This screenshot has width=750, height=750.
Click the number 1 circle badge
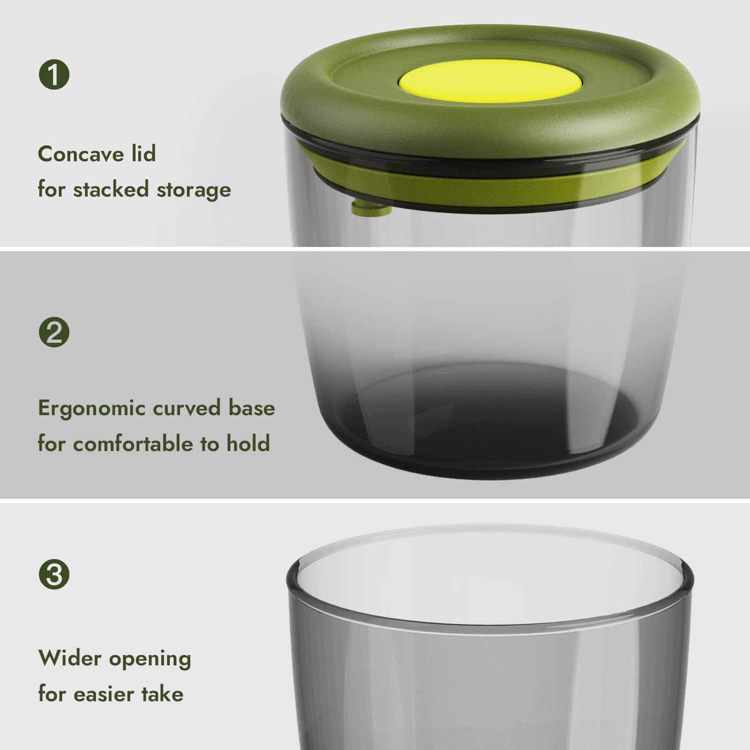pyautogui.click(x=54, y=74)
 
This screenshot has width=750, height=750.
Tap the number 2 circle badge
pyautogui.click(x=54, y=332)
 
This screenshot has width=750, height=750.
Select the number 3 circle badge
pyautogui.click(x=54, y=574)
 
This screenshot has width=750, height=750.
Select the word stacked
pyautogui.click(x=111, y=189)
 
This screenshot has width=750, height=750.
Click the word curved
pyautogui.click(x=186, y=408)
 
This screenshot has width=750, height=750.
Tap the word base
pyautogui.click(x=251, y=408)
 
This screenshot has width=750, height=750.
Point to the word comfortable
pyautogui.click(x=133, y=444)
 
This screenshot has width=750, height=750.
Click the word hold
pyautogui.click(x=249, y=444)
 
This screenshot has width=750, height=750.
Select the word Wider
pyautogui.click(x=70, y=658)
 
